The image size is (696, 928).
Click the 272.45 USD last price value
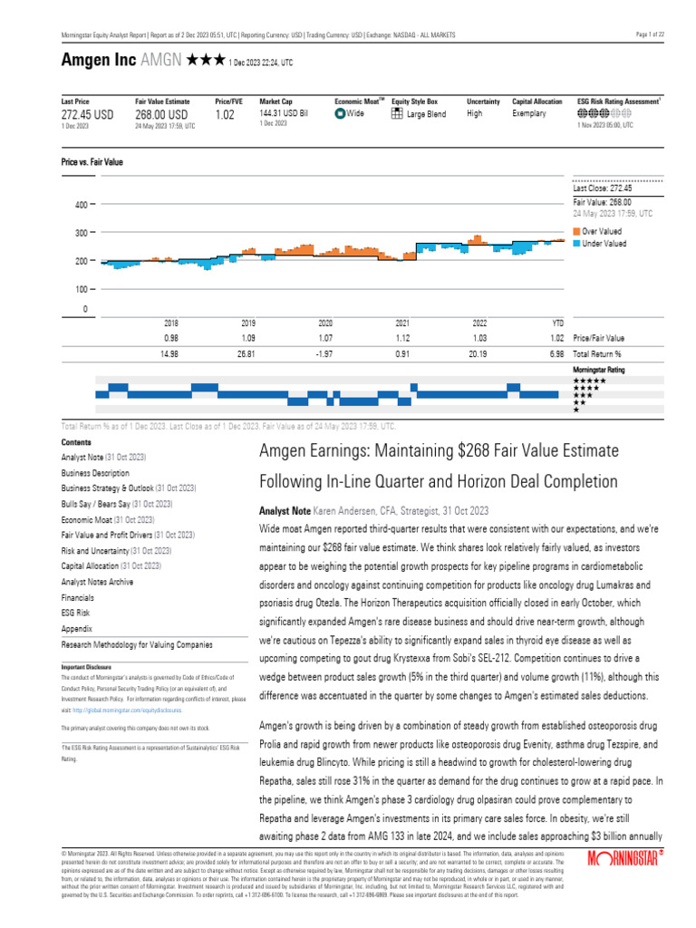tap(87, 115)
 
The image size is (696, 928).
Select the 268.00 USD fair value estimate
tap(161, 115)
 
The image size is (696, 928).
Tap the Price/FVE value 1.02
tap(225, 115)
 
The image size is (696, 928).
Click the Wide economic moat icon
tap(340, 114)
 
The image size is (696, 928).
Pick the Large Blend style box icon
tap(397, 114)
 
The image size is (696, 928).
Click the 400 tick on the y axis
tap(80, 205)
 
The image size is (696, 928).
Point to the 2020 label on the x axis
tap(326, 323)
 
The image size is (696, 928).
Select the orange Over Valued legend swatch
tap(577, 232)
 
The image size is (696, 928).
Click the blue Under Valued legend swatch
tap(577, 243)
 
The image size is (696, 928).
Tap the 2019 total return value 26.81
tap(248, 353)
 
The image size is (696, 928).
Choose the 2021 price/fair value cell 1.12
tap(403, 338)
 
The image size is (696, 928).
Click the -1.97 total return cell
tap(326, 353)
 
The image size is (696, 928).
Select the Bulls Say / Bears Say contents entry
tap(95, 503)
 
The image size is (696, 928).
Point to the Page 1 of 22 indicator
tap(651, 34)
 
